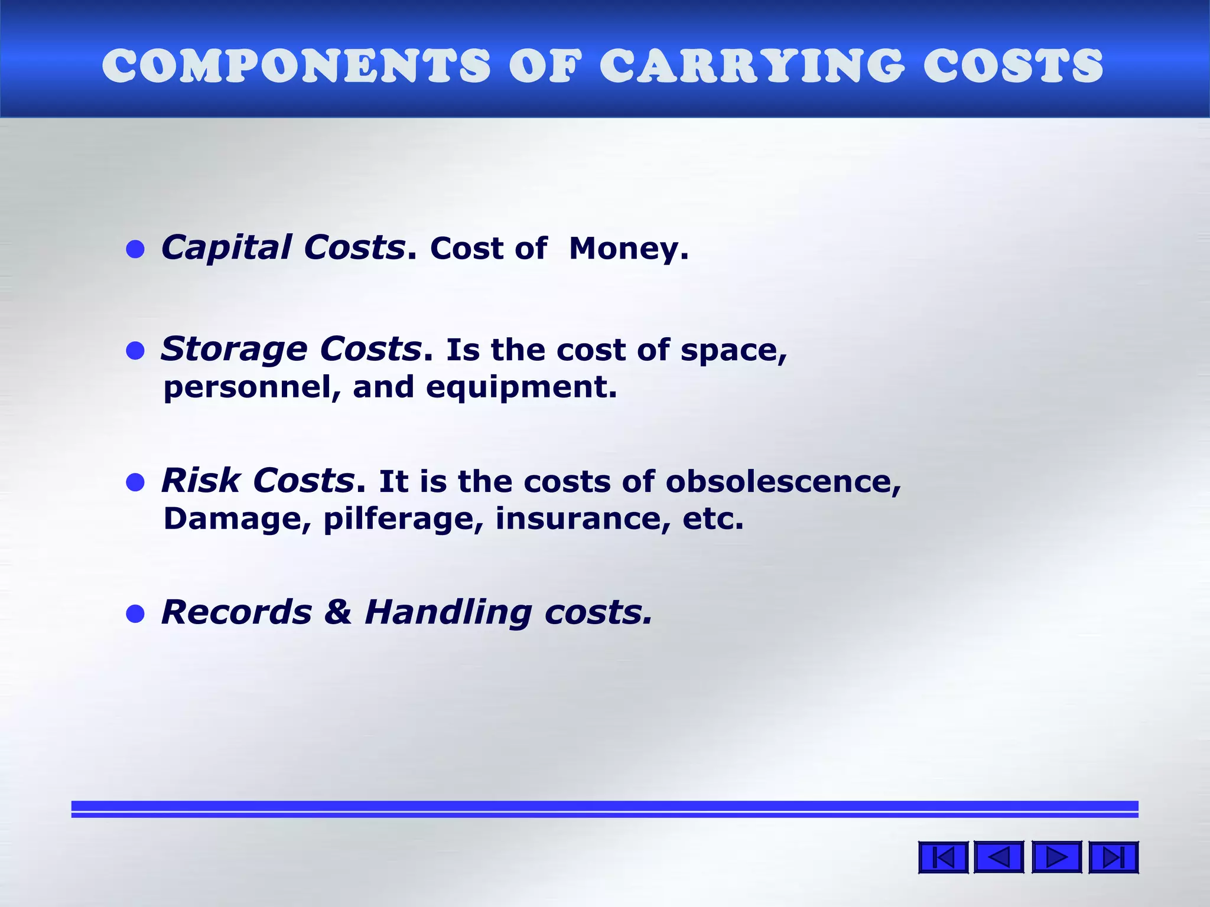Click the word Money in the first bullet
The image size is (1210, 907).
pyautogui.click(x=624, y=249)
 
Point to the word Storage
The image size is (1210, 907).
pyautogui.click(x=234, y=349)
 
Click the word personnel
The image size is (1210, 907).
pyautogui.click(x=248, y=388)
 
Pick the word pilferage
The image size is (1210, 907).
pyautogui.click(x=399, y=520)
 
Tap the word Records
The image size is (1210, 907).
pyautogui.click(x=236, y=612)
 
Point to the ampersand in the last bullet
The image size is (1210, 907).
pyautogui.click(x=338, y=612)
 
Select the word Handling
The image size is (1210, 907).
pyautogui.click(x=448, y=613)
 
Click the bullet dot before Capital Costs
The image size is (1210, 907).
pyautogui.click(x=135, y=249)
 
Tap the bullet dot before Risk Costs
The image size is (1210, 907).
pyautogui.click(x=135, y=482)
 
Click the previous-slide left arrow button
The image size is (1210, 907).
pyautogui.click(x=998, y=857)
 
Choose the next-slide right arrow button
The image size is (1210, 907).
pyautogui.click(x=1056, y=857)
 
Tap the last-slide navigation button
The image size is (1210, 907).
pyautogui.click(x=1113, y=857)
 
